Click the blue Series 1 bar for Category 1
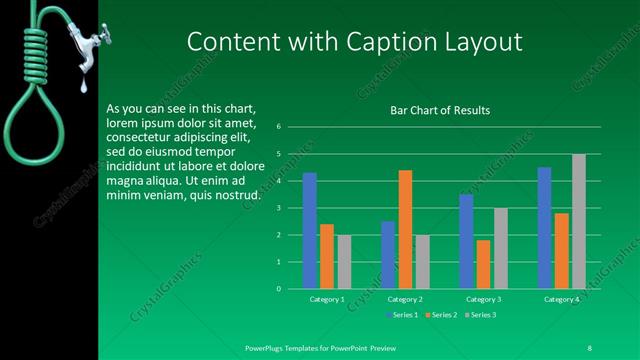(310, 231)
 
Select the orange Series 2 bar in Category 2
(405, 229)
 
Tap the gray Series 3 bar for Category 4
(579, 221)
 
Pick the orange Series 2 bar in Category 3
(484, 264)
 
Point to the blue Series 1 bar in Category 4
(545, 228)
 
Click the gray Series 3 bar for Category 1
(344, 262)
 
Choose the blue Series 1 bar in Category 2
(388, 255)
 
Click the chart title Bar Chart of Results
(440, 111)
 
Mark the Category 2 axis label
(405, 299)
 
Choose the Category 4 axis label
(562, 299)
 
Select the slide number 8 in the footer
(589, 347)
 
